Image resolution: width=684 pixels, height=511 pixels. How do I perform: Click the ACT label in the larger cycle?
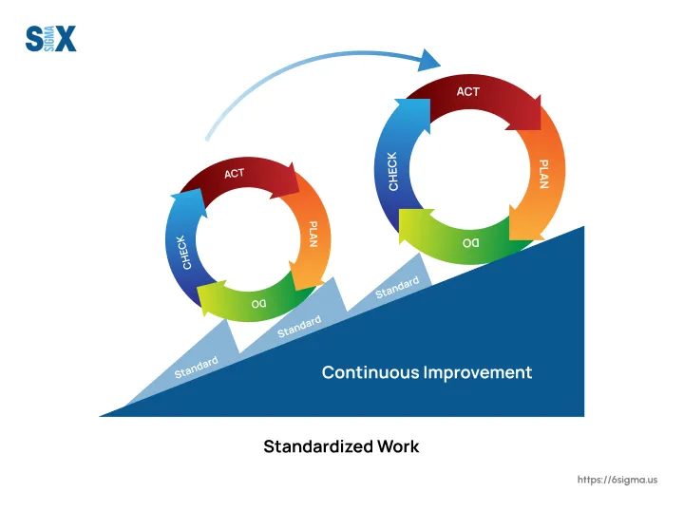(x=468, y=91)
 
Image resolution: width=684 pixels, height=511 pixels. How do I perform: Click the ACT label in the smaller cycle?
(x=235, y=174)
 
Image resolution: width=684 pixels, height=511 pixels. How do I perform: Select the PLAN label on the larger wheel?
(x=543, y=174)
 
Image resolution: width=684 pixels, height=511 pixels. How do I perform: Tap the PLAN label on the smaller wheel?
(x=313, y=235)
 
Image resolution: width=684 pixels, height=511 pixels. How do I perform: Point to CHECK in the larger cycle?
(x=393, y=171)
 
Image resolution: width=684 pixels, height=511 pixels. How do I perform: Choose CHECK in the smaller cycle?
(x=184, y=253)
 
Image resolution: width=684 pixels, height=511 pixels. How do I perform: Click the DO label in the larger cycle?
(x=470, y=243)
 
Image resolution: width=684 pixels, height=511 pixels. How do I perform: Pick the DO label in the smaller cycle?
(x=258, y=303)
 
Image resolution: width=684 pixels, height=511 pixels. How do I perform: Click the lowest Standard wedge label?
(x=197, y=368)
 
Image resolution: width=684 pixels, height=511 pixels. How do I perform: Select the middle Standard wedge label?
(x=299, y=327)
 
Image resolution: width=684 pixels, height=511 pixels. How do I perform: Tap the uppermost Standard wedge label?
(x=397, y=288)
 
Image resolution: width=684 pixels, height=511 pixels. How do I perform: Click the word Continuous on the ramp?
(x=370, y=372)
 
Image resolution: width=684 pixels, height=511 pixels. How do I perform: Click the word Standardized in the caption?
(x=318, y=446)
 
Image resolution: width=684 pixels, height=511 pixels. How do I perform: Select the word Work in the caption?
(x=398, y=446)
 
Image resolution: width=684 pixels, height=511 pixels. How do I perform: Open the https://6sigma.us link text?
(x=617, y=480)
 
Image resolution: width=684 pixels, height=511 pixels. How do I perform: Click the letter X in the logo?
(x=66, y=38)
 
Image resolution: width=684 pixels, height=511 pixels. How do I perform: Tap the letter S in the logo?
(x=34, y=38)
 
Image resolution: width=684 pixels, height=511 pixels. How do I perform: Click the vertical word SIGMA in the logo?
(x=49, y=38)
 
